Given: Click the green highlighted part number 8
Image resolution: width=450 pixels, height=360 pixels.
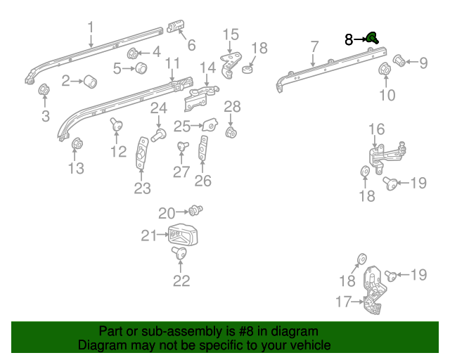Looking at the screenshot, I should pyautogui.click(x=372, y=39).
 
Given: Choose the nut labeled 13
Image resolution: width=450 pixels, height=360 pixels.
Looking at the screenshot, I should pyautogui.click(x=77, y=146).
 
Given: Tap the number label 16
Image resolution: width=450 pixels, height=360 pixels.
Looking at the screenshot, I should pyautogui.click(x=377, y=129).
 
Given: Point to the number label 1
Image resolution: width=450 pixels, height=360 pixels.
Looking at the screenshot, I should pyautogui.click(x=91, y=27).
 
